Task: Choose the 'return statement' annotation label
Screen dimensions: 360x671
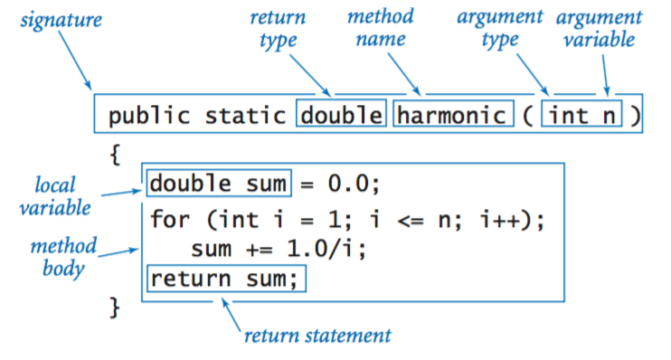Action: pos(317,336)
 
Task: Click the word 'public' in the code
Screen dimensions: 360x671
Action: pos(142,116)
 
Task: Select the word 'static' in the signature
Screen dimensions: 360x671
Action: pos(246,116)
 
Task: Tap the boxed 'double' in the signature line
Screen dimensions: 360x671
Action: pos(341,116)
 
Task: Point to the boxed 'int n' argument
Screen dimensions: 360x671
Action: pos(581,116)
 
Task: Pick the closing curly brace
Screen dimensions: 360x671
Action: pos(114,309)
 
